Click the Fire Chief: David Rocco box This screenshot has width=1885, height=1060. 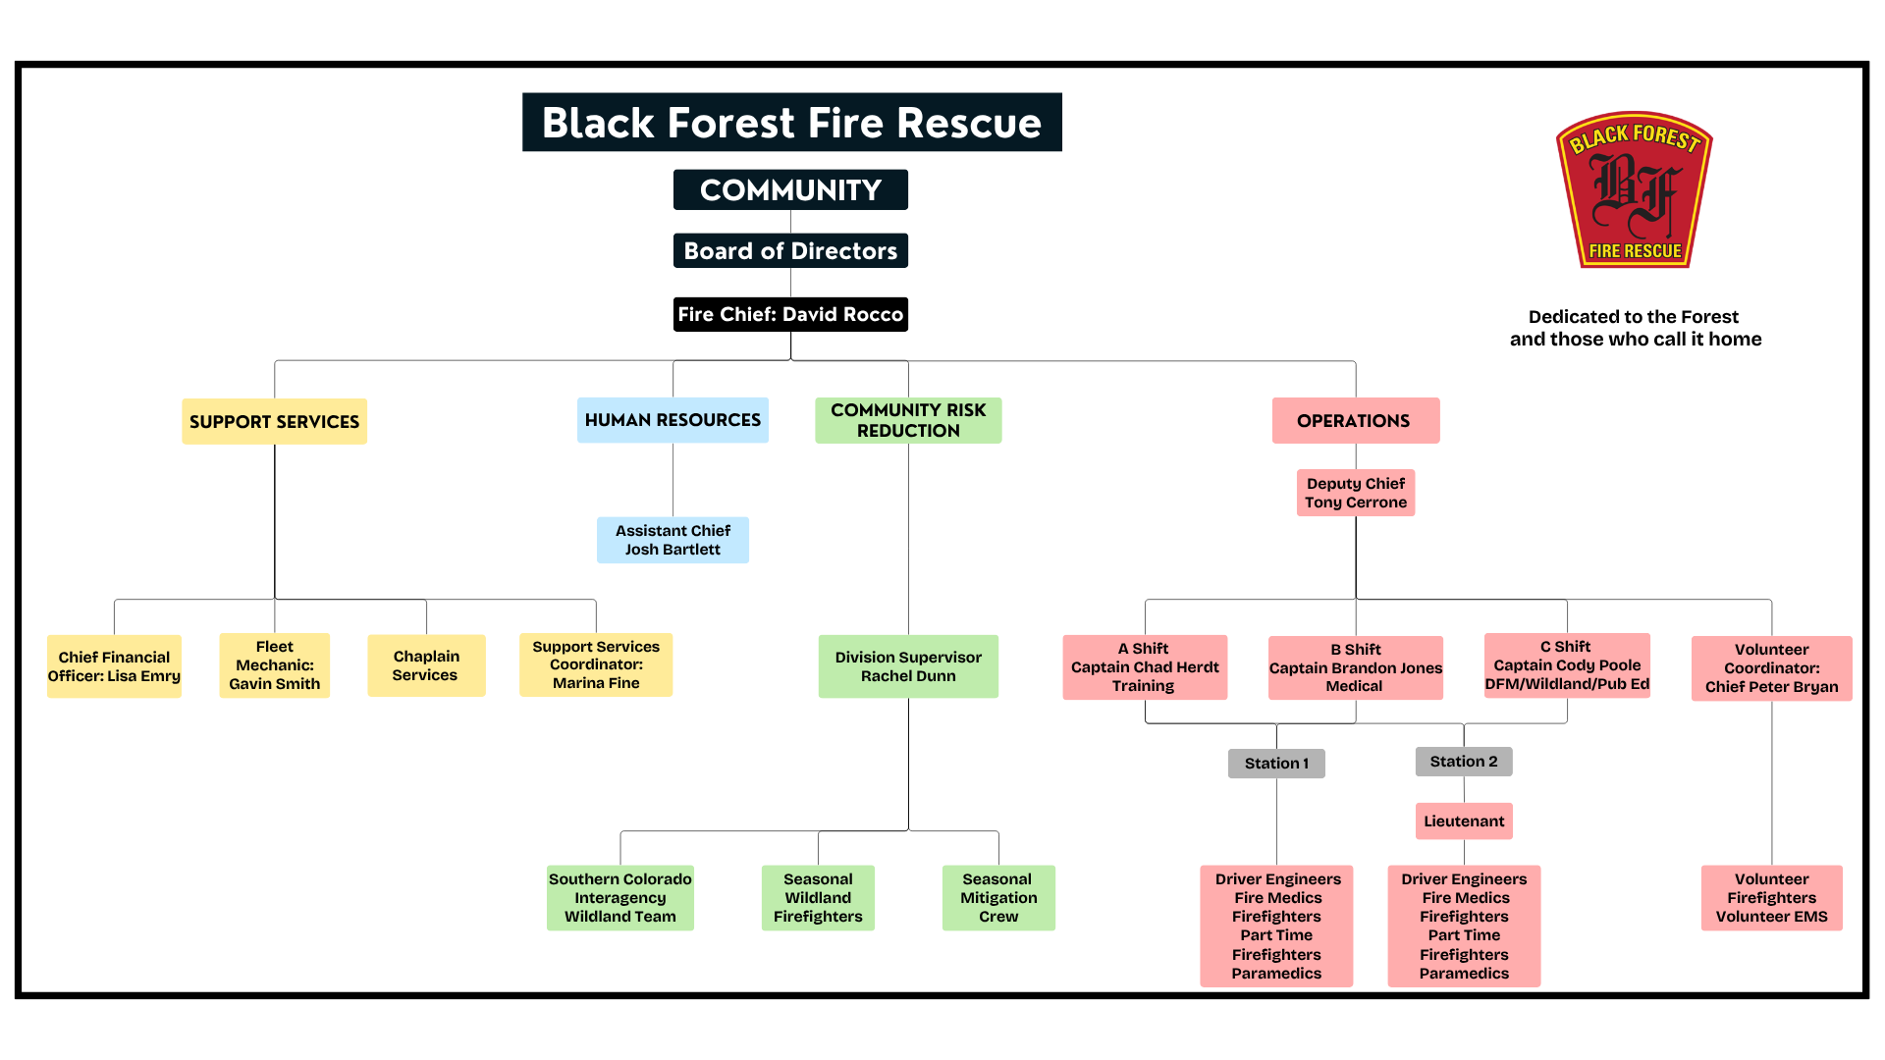pyautogui.click(x=790, y=314)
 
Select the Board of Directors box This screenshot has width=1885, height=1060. pyautogui.click(x=790, y=251)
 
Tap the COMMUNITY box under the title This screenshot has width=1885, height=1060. pyautogui.click(x=790, y=189)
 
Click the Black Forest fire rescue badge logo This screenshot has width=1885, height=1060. pyautogui.click(x=1635, y=190)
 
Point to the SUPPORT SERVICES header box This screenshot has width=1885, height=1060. pyautogui.click(x=274, y=421)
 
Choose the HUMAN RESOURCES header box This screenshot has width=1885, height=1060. pyautogui.click(x=673, y=420)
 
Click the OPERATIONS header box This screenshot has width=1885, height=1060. pyautogui.click(x=1355, y=420)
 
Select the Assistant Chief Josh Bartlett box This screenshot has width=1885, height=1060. pyautogui.click(x=673, y=540)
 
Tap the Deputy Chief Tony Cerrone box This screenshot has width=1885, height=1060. pyautogui.click(x=1355, y=493)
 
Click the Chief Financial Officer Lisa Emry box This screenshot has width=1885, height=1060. pyautogui.click(x=114, y=666)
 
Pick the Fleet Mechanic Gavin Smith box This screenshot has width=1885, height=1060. pyautogui.click(x=274, y=665)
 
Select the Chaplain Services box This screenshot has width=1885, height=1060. pyautogui.click(x=426, y=665)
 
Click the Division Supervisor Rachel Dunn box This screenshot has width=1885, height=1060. pyautogui.click(x=908, y=666)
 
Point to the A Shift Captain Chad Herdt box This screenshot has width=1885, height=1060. pyautogui.click(x=1145, y=667)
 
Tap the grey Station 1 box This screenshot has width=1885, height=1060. pyautogui.click(x=1276, y=764)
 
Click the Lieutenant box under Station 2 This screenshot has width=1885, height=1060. pyautogui.click(x=1464, y=821)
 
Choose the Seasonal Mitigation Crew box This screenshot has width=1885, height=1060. pyautogui.click(x=998, y=898)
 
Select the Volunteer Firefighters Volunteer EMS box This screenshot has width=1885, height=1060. pyautogui.click(x=1771, y=898)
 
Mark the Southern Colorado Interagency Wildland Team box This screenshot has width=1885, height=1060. pyautogui.click(x=619, y=898)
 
